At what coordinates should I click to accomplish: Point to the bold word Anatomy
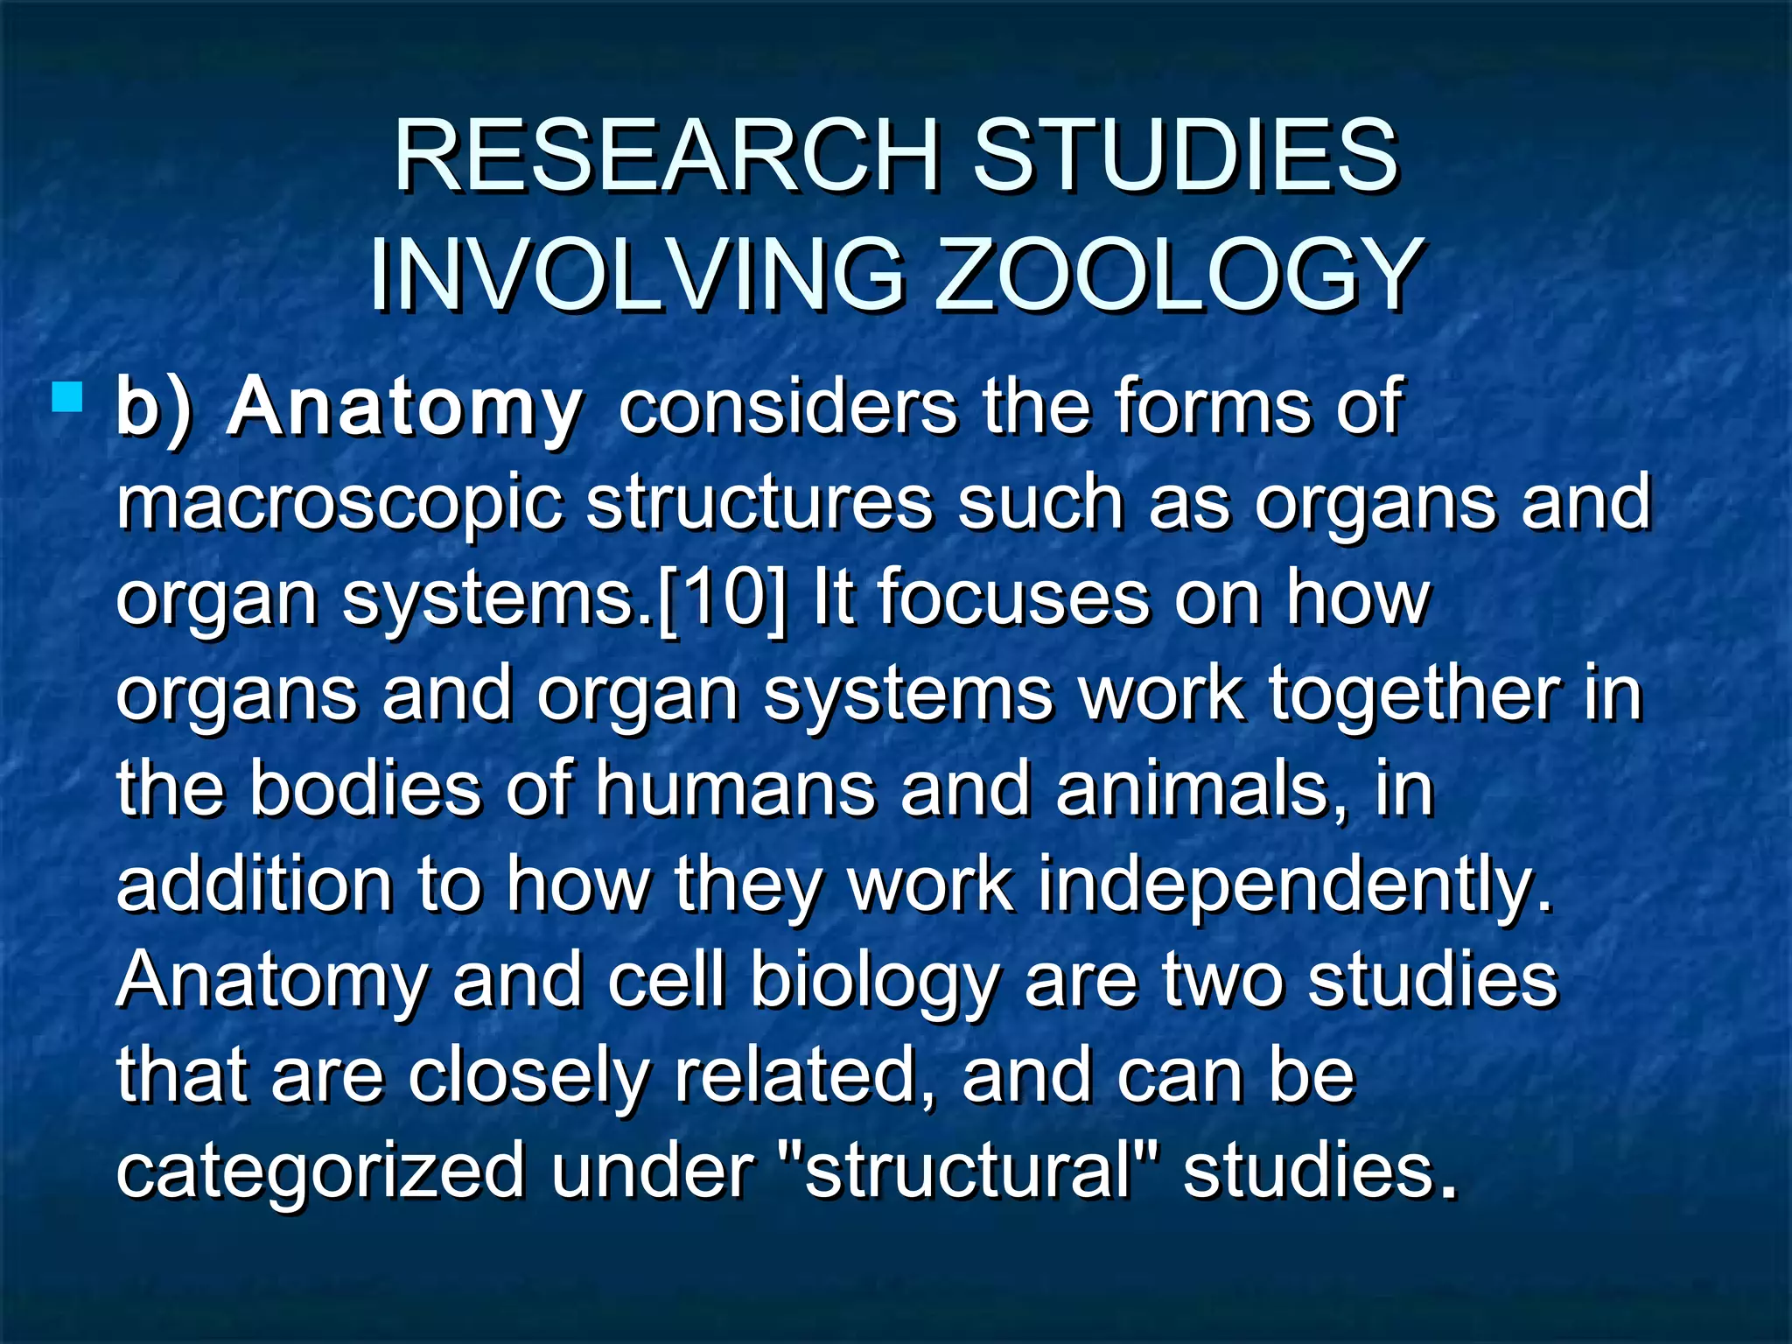click(404, 408)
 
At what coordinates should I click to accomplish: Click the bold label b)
click(154, 408)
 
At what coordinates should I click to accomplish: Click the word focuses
click(1013, 599)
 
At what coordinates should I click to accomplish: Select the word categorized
click(320, 1172)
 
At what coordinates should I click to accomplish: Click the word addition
click(255, 885)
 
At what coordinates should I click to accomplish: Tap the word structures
click(759, 504)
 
